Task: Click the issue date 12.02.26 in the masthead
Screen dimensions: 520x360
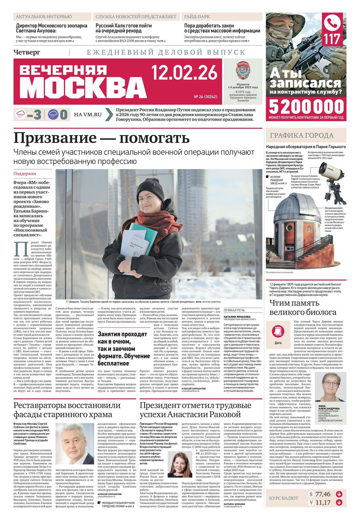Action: [x=184, y=72]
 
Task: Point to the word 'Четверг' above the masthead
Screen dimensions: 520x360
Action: [x=27, y=52]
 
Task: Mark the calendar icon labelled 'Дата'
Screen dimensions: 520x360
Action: [x=278, y=331]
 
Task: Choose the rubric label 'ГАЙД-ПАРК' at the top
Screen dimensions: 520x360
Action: [x=197, y=17]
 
